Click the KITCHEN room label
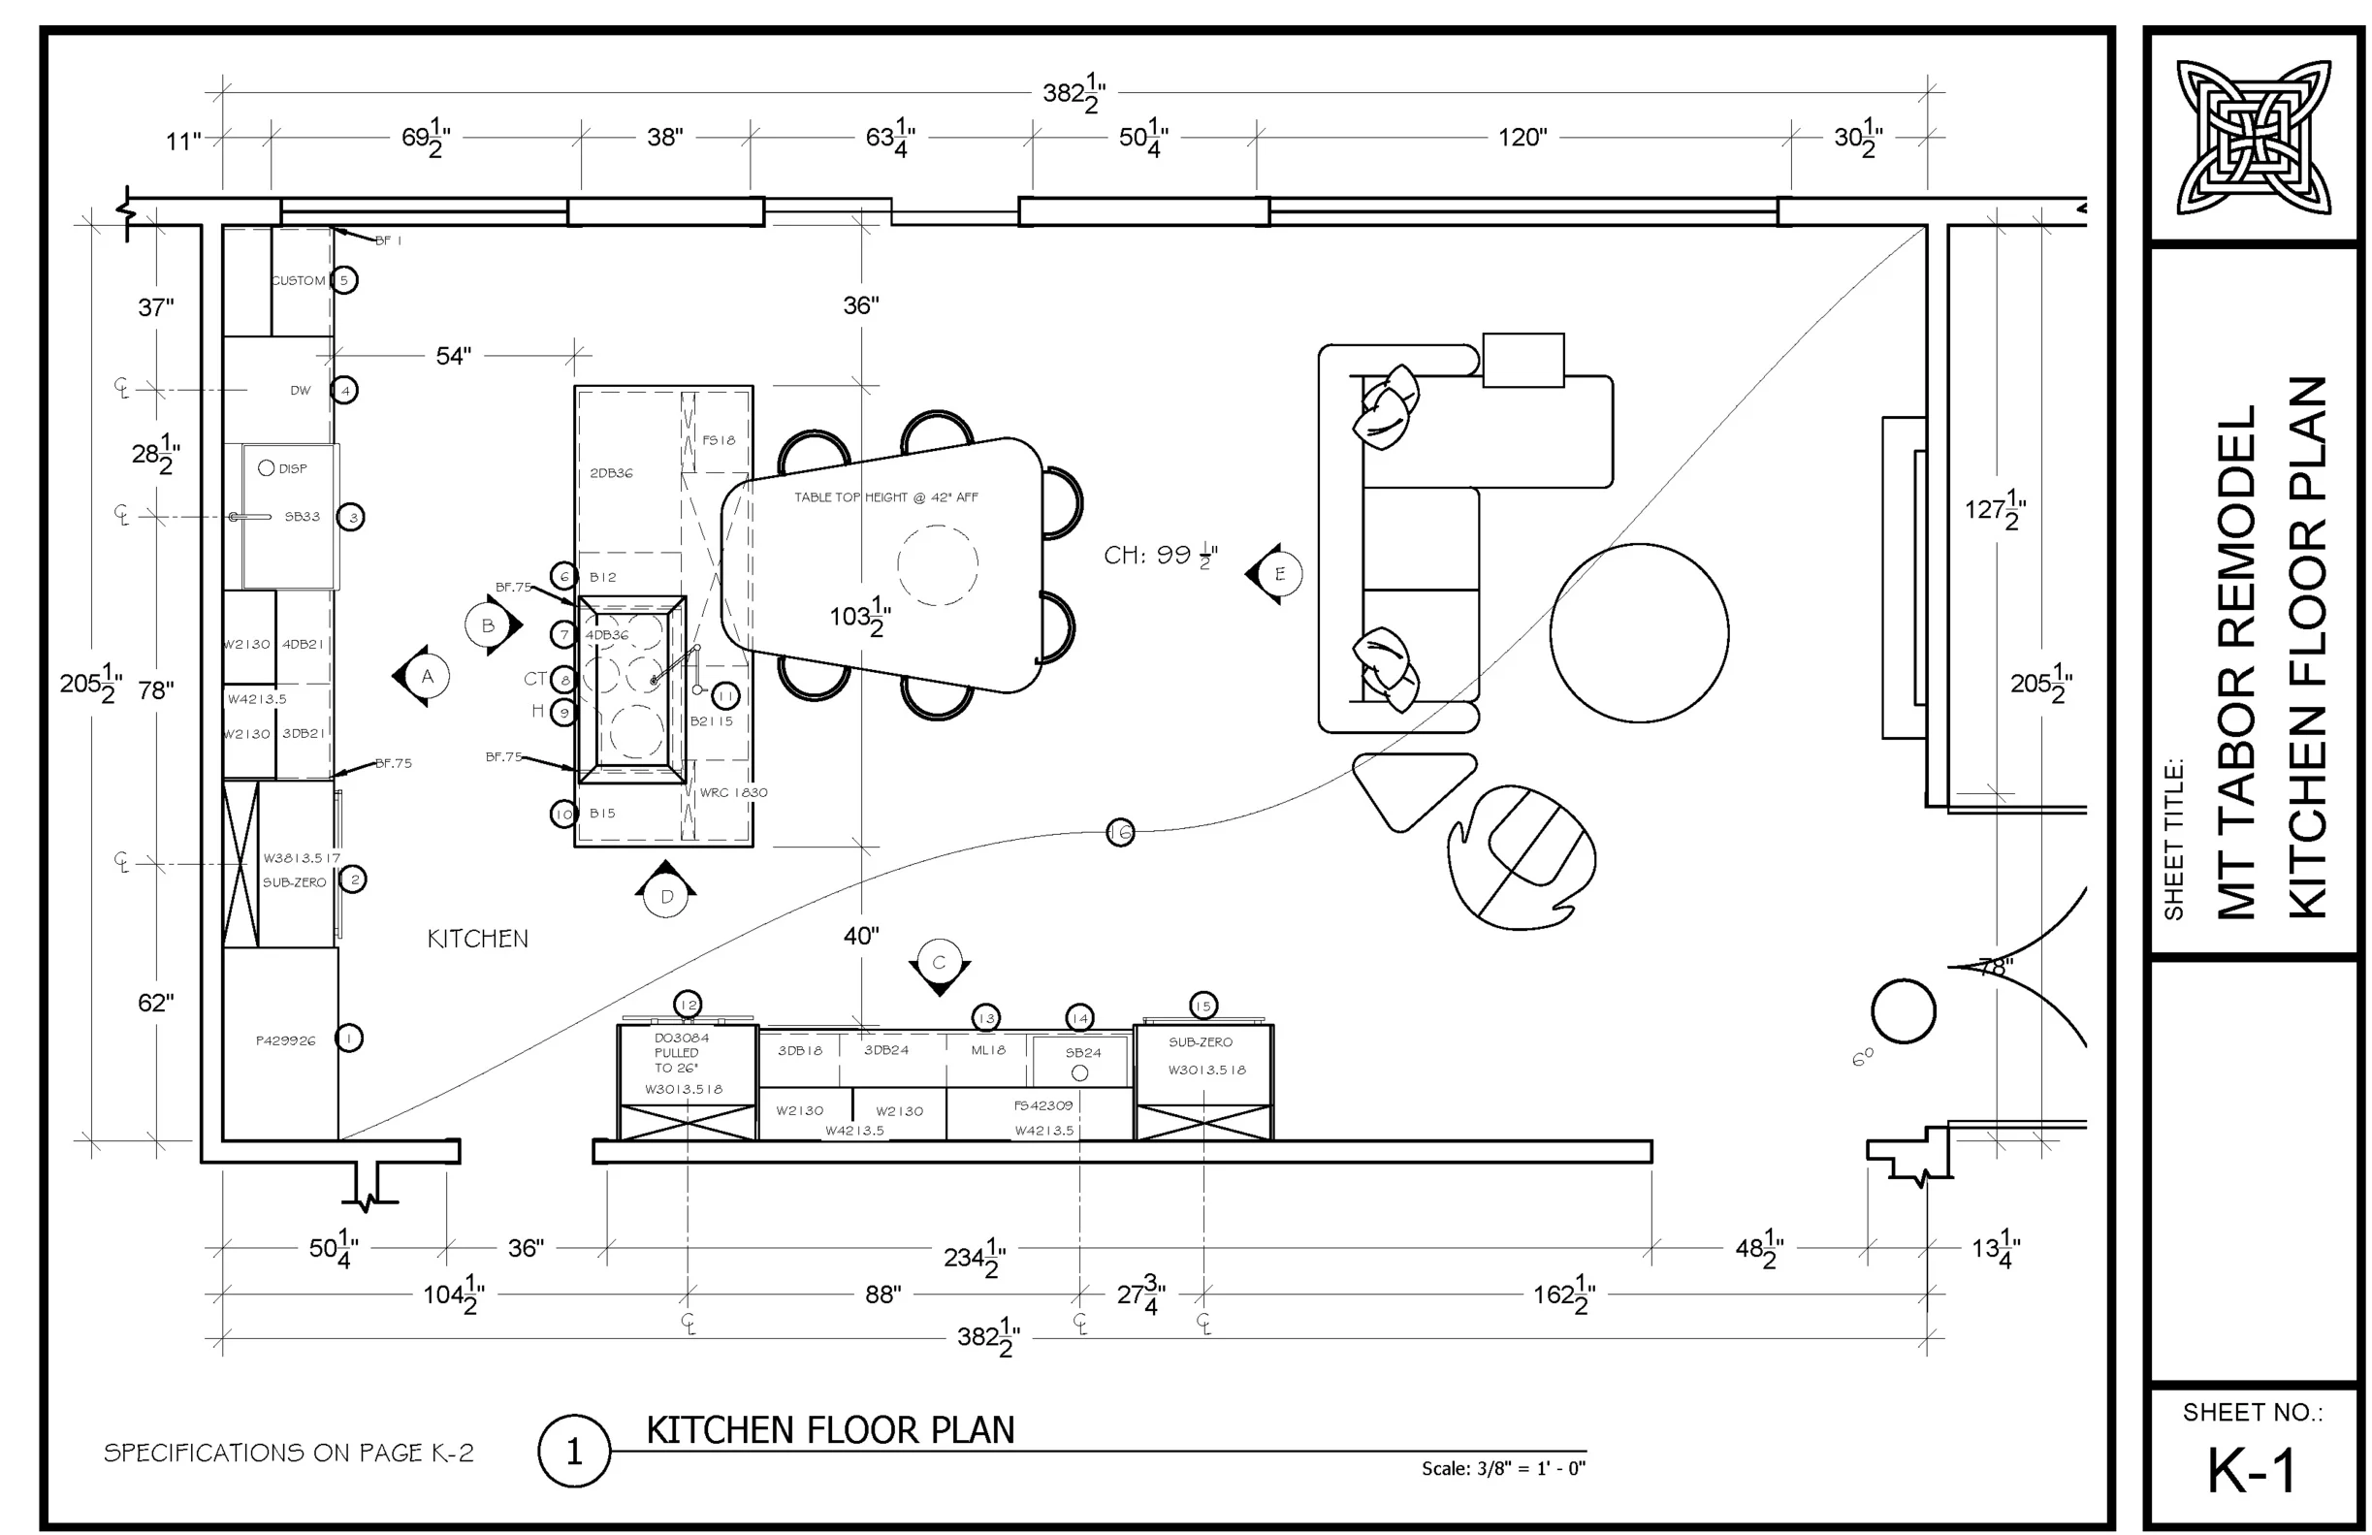pos(477,938)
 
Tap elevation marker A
pos(427,677)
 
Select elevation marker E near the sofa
pos(1279,574)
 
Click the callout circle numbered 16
pos(1120,832)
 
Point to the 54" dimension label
pos(454,356)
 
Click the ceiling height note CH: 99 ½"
pos(1160,556)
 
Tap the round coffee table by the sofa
pos(1639,633)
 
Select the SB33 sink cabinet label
pos(302,516)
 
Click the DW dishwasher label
pos(300,391)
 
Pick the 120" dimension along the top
pos(1522,138)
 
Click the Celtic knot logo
pos(2253,137)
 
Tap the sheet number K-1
pos(2253,1469)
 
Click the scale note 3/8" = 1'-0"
pos(1503,1468)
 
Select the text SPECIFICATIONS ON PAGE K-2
pos(288,1453)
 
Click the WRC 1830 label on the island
pos(732,792)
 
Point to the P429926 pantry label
pos(285,1040)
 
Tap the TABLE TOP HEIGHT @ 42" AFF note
pos(885,497)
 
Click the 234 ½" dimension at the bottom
pos(974,1257)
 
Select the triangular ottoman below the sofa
pos(1413,787)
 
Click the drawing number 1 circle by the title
pos(573,1453)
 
